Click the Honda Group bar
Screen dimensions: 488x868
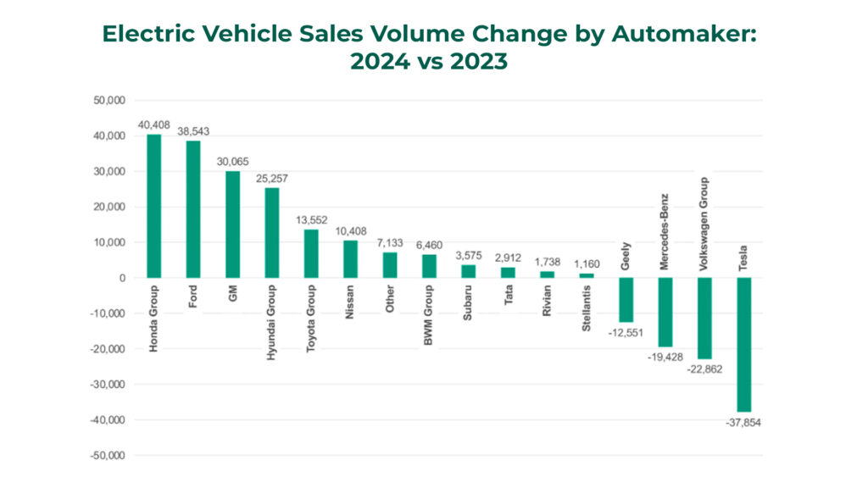click(153, 206)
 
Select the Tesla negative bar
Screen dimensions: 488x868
click(744, 344)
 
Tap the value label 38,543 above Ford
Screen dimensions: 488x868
click(193, 131)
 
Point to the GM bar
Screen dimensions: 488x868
click(232, 224)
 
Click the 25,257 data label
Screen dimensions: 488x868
click(272, 179)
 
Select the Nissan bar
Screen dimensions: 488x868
click(350, 258)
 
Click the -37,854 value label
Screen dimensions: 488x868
click(743, 422)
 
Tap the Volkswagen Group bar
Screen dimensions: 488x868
click(704, 318)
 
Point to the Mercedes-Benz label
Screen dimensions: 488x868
click(665, 230)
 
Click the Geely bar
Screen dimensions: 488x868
click(626, 300)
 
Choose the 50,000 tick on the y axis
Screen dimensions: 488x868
click(109, 100)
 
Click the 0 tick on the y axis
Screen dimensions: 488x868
click(122, 278)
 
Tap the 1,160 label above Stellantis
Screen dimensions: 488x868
click(587, 264)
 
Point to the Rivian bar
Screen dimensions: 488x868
click(547, 274)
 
